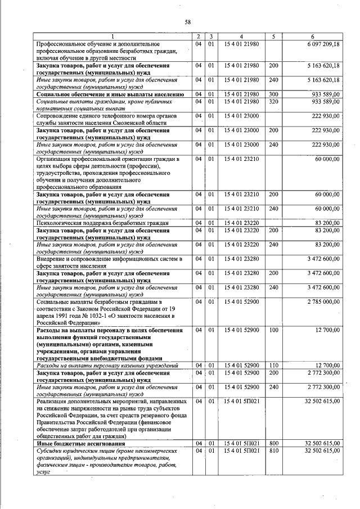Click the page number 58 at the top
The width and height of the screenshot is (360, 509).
188,22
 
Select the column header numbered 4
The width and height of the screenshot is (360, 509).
241,37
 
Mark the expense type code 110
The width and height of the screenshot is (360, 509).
273,365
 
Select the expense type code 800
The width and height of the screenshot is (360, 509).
273,444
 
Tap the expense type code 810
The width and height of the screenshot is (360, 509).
273,451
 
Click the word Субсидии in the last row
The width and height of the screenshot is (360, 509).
48,451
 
